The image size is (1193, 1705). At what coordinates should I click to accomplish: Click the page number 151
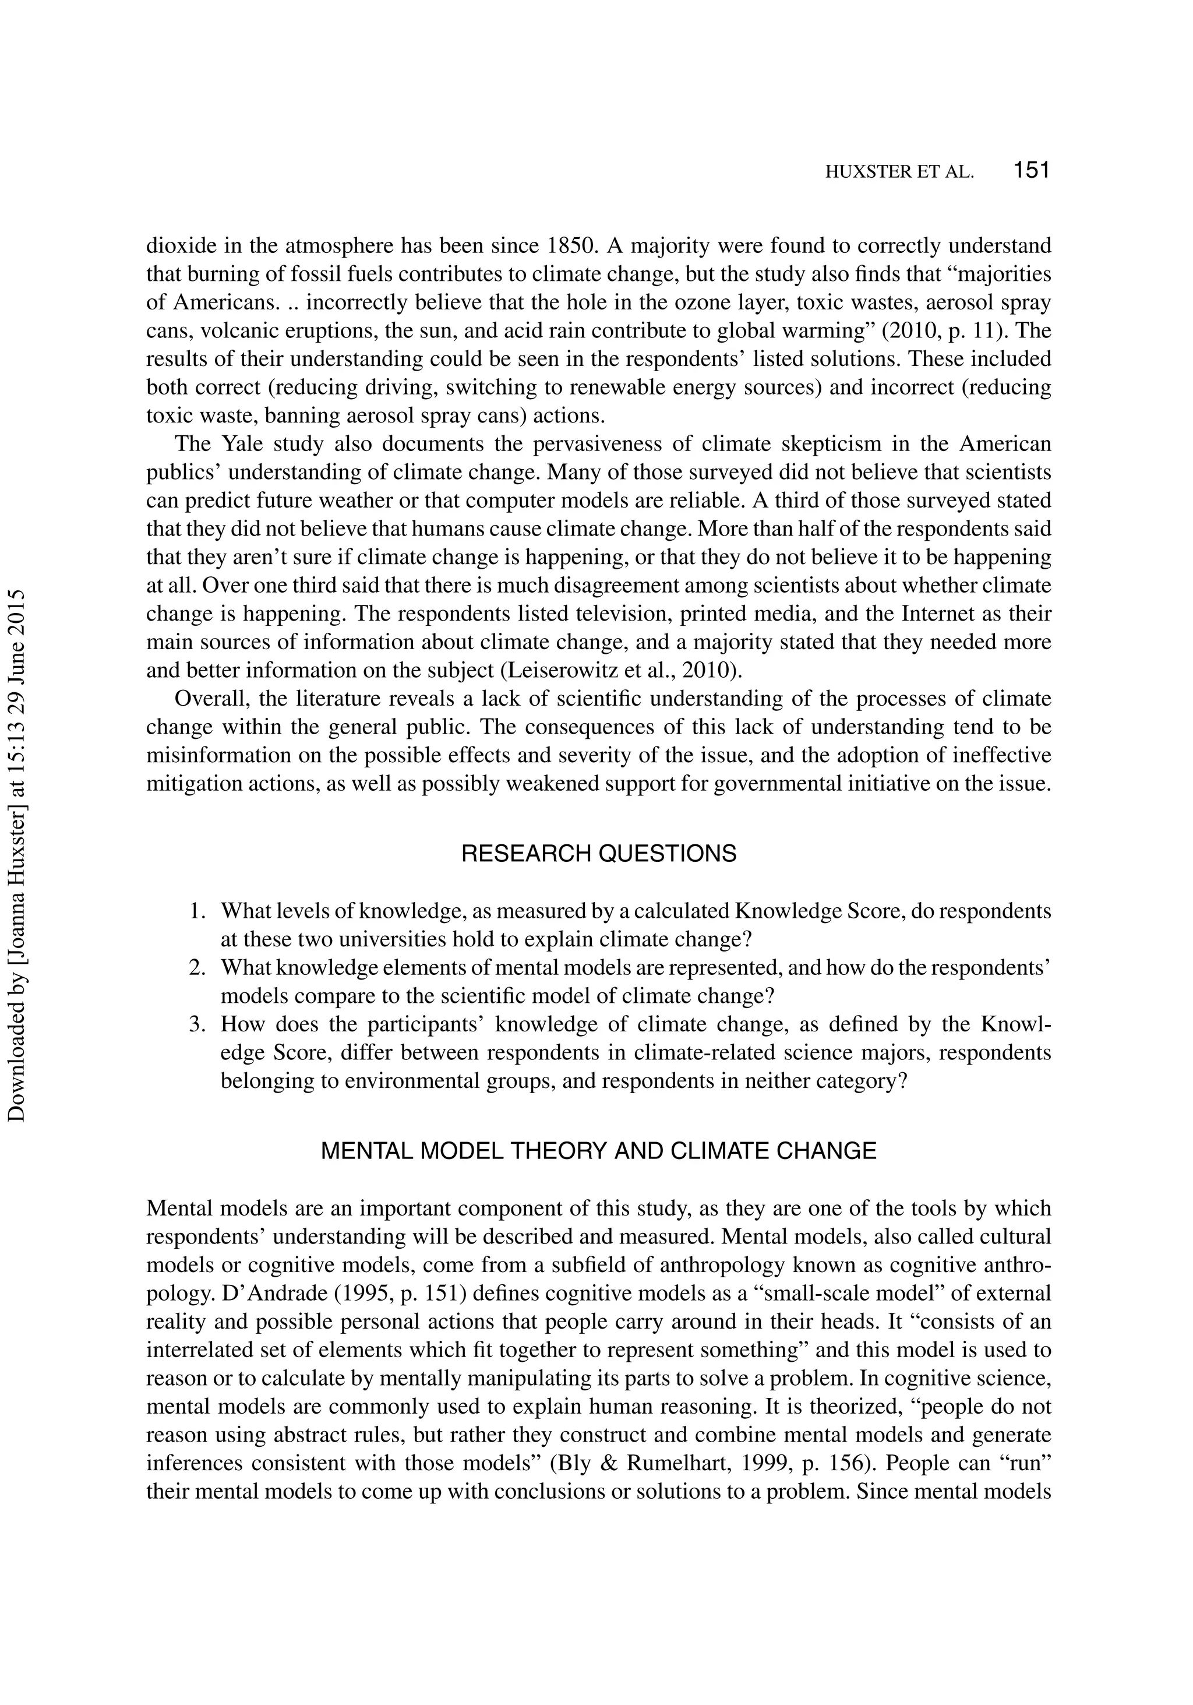(x=1031, y=171)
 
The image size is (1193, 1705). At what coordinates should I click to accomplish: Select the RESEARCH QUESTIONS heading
(x=598, y=854)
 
